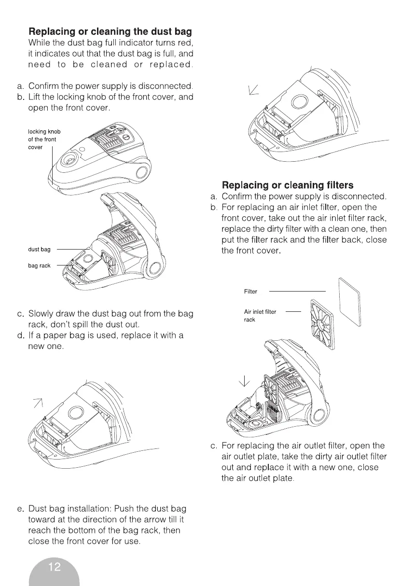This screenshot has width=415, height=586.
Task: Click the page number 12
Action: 55,567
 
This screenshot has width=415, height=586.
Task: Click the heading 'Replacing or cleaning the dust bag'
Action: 110,31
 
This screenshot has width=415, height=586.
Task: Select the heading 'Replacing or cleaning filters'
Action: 287,185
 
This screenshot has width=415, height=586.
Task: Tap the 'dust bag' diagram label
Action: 39,249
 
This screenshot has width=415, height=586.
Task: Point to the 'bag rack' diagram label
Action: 39,265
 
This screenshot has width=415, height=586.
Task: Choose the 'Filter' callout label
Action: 251,292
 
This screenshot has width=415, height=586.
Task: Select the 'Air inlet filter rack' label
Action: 260,315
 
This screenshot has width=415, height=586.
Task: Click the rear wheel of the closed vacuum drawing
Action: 143,173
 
